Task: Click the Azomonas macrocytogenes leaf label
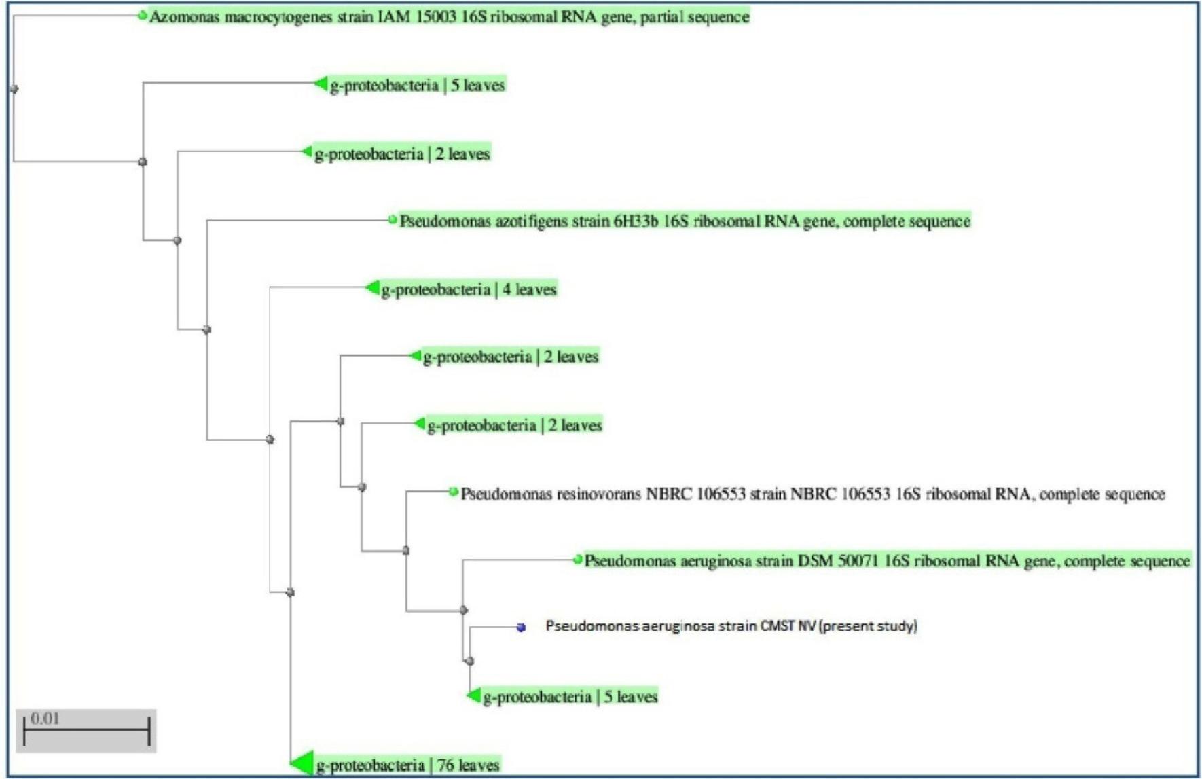(448, 16)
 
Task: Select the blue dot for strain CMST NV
(521, 628)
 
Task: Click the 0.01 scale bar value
(45, 719)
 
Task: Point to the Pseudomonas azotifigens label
(685, 221)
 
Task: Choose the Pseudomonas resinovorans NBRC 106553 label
(812, 494)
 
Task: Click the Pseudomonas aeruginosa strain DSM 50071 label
(887, 561)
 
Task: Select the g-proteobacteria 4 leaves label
(469, 289)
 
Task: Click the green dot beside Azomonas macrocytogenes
(143, 16)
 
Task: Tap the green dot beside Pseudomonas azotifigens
(393, 220)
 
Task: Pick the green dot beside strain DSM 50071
(578, 560)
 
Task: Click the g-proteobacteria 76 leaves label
(407, 765)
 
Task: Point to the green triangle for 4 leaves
(372, 288)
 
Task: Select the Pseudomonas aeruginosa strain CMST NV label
(731, 626)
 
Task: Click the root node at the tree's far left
(14, 89)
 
